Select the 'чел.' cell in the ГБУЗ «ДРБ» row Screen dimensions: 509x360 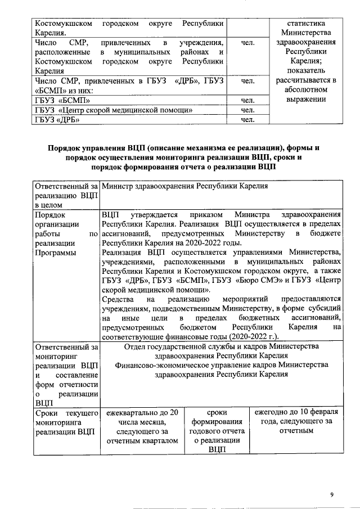pyautogui.click(x=248, y=119)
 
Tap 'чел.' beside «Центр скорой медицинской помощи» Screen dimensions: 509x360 pyautogui.click(x=248, y=110)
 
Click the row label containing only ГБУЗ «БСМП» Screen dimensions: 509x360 pyautogui.click(x=56, y=100)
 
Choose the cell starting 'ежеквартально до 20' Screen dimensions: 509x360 pyautogui.click(x=143, y=426)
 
